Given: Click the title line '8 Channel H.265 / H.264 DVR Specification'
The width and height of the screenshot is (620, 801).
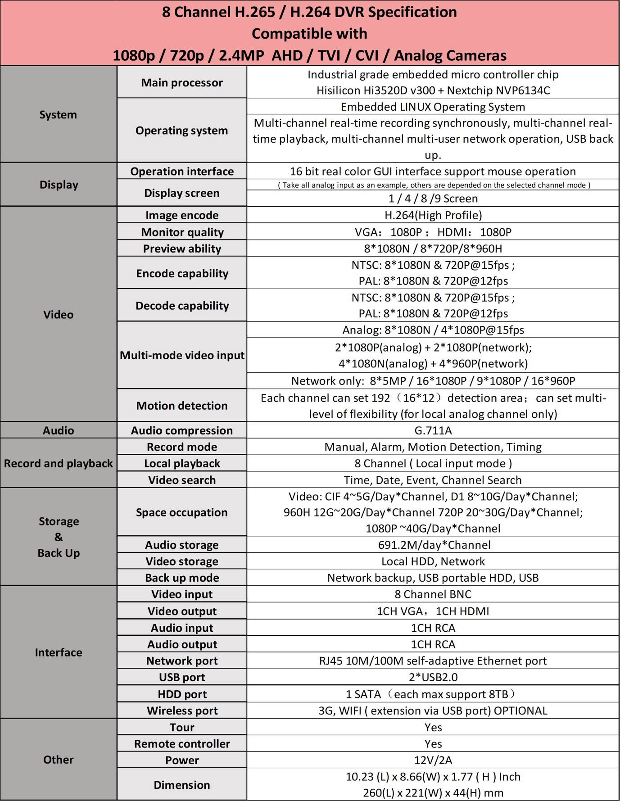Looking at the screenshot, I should [x=309, y=12].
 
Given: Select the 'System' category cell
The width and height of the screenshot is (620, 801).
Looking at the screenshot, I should [x=58, y=114].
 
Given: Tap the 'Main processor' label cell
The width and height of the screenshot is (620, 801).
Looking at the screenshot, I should [x=181, y=82].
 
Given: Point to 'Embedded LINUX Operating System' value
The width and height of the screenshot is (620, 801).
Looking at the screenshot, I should [x=433, y=107].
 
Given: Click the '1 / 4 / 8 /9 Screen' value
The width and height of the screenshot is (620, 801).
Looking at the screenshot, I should [x=433, y=199].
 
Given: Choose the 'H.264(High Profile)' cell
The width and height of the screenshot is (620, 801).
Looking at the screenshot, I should [x=433, y=215].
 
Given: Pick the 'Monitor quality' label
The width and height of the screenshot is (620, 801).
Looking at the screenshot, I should [x=182, y=232].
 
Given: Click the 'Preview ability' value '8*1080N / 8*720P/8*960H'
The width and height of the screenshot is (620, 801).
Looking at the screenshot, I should [x=433, y=249].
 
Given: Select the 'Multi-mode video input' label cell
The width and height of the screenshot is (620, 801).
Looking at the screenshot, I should [x=182, y=355].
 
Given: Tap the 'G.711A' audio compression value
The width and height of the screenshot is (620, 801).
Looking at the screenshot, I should [x=433, y=430].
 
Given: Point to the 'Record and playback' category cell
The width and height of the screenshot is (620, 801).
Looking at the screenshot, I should [x=58, y=463].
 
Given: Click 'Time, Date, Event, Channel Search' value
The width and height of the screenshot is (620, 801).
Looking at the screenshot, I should [x=433, y=480].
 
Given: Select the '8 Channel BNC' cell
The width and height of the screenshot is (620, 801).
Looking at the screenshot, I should [x=433, y=594].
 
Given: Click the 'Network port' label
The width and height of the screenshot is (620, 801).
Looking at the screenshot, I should [x=182, y=661].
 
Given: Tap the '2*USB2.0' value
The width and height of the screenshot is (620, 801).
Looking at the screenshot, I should [x=433, y=677].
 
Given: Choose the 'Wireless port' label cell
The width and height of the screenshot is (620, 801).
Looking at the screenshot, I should [x=182, y=710].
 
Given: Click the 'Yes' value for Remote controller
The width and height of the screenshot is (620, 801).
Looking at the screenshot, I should [x=433, y=744].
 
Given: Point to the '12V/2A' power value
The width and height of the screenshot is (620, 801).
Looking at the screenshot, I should [x=433, y=760].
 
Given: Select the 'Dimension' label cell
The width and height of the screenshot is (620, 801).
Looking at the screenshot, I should [x=182, y=785].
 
